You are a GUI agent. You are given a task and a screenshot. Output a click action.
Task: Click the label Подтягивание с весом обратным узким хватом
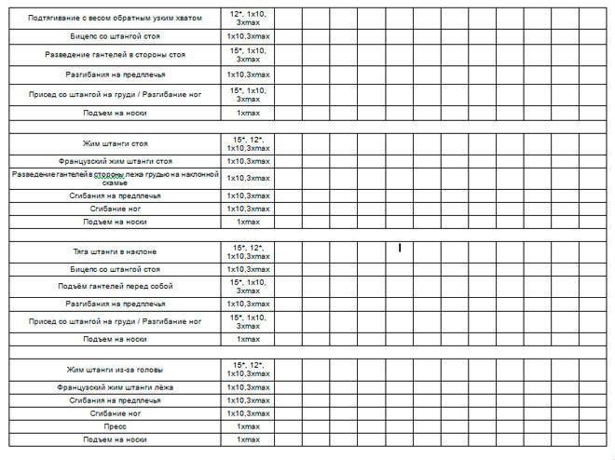[116, 18]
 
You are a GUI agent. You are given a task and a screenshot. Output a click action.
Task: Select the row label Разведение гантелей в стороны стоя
[116, 55]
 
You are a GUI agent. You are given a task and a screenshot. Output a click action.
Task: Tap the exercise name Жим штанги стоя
[116, 144]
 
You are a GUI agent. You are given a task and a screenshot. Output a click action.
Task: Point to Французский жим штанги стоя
[116, 161]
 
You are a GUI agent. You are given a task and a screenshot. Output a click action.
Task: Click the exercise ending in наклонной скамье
[116, 178]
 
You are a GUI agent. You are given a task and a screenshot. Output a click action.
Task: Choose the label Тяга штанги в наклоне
[116, 251]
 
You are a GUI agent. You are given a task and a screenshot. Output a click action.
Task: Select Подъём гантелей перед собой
[116, 285]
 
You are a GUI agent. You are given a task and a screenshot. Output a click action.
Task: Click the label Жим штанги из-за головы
[116, 370]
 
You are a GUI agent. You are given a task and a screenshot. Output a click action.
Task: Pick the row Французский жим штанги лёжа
[116, 386]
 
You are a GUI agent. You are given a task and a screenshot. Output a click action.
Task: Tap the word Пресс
[116, 426]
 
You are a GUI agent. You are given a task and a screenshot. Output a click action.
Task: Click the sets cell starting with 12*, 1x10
[248, 18]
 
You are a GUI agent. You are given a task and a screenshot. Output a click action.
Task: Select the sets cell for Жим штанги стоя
[248, 144]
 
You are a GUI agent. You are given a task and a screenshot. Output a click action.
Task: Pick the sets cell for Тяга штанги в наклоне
[248, 251]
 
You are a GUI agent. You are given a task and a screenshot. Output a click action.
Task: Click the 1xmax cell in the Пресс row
[248, 426]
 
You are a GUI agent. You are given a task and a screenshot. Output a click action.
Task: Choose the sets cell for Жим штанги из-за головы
[248, 370]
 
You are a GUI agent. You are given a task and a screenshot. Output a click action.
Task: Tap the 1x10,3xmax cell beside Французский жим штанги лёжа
[248, 386]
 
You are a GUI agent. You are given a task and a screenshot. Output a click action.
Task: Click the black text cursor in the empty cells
[399, 248]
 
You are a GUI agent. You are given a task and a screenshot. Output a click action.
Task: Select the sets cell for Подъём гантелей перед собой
[248, 285]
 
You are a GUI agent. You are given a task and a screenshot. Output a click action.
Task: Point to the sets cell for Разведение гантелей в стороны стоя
[248, 55]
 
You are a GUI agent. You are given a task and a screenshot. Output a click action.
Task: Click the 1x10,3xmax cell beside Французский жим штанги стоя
[248, 161]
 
